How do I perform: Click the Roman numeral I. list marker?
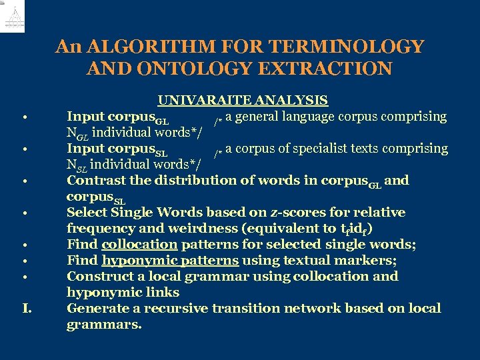tap(27, 309)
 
